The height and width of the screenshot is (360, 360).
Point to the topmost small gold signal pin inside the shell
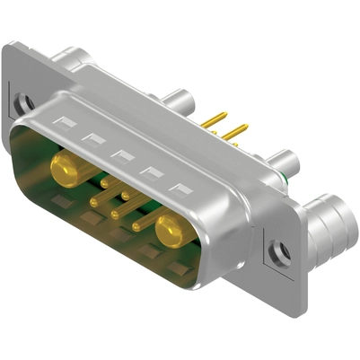coord(105,183)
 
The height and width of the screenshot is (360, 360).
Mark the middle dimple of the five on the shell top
coord(121,154)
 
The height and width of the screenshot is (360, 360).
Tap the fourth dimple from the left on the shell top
coord(151,172)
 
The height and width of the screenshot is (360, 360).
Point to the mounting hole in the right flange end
coord(279,250)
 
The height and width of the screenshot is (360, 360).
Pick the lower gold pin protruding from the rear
coord(235,133)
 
